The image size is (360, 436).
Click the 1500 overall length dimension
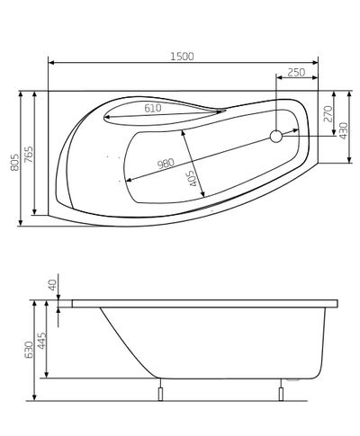pos(183,57)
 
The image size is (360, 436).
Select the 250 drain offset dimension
pos(296,72)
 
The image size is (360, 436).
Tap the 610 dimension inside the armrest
pos(153,108)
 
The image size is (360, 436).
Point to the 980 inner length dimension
pos(166,164)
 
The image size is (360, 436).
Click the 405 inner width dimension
pos(194,178)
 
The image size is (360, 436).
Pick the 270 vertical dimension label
pos(328,114)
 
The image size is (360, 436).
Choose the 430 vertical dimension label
pos(343,130)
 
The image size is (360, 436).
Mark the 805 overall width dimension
pos(14,162)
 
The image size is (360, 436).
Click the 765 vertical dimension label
pos(29,155)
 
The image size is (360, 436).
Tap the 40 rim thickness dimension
pos(52,285)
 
